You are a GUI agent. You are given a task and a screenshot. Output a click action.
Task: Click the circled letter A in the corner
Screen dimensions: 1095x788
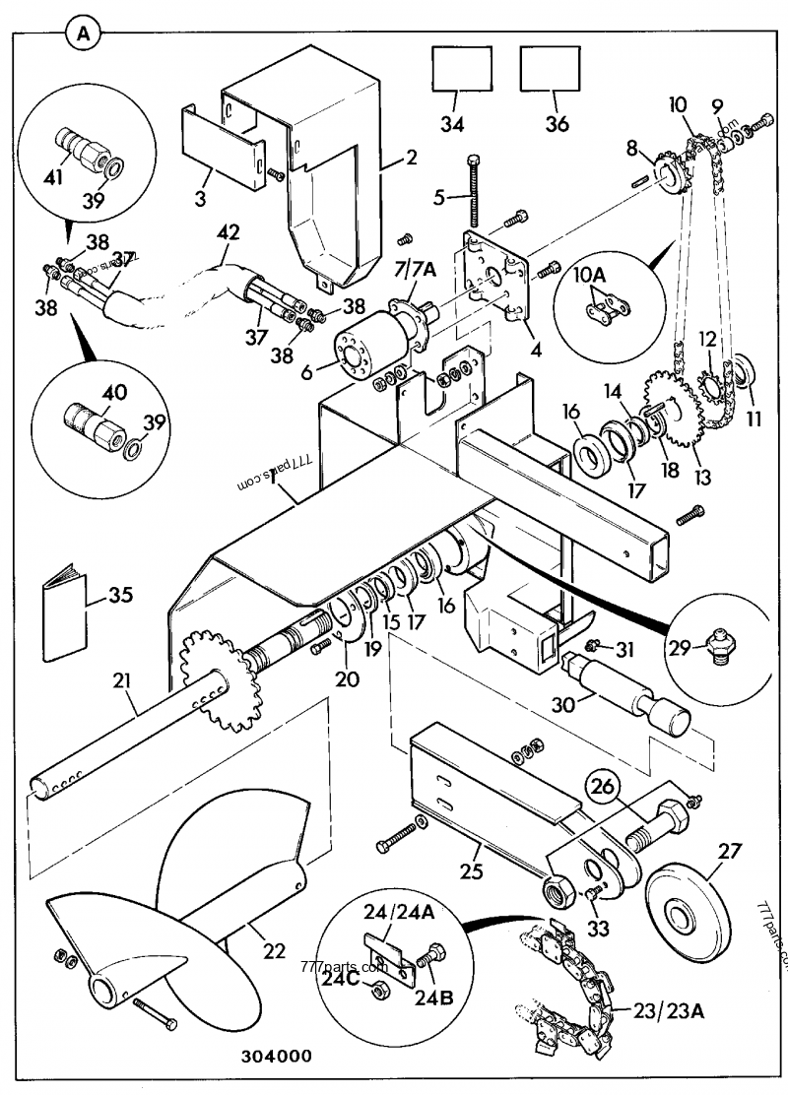coord(83,32)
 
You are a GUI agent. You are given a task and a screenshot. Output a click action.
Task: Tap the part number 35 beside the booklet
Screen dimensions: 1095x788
coord(119,595)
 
